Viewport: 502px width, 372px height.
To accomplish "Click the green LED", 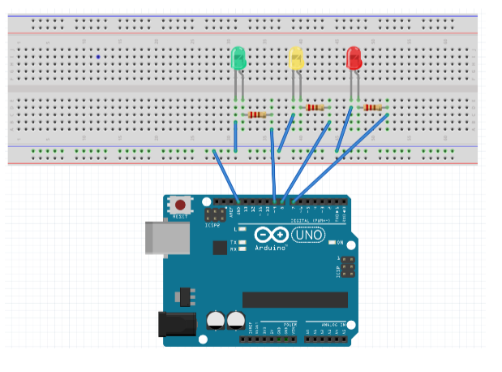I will tap(238, 58).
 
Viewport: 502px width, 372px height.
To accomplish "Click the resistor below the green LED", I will tap(257, 115).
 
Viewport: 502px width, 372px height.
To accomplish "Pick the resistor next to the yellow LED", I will tap(315, 107).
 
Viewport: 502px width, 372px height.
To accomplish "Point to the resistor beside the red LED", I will tap(372, 107).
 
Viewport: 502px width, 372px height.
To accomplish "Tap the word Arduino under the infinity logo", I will tap(271, 246).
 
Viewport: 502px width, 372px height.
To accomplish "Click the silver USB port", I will tap(159, 237).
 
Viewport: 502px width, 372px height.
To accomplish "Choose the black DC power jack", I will tap(175, 324).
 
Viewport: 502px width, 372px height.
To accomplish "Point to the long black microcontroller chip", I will tap(295, 300).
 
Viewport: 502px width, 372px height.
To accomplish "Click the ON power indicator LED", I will tap(331, 242).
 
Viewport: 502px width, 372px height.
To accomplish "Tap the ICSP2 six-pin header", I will tap(215, 215).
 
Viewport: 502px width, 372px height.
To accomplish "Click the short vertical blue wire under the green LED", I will tap(236, 136).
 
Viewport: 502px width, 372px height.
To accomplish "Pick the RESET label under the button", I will tap(180, 217).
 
